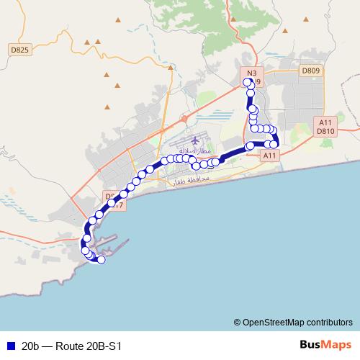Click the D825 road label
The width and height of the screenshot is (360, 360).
pyautogui.click(x=21, y=50)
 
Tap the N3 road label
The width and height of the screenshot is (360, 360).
pyautogui.click(x=251, y=73)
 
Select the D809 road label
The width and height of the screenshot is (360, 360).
pyautogui.click(x=310, y=71)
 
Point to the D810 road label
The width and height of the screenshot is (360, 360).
pyautogui.click(x=325, y=132)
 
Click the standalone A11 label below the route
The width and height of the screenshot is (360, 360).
pyautogui.click(x=270, y=156)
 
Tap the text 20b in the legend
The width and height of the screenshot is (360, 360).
pyautogui.click(x=30, y=345)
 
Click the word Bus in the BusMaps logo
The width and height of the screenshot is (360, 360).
pyautogui.click(x=310, y=344)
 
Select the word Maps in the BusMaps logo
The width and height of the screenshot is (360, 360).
pyautogui.click(x=337, y=344)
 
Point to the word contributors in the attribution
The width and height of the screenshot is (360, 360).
pyautogui.click(x=331, y=322)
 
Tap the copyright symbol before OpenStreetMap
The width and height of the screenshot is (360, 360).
pyautogui.click(x=237, y=322)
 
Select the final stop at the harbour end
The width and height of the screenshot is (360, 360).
pyautogui.click(x=102, y=260)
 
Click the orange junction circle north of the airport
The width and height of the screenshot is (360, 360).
pyautogui.click(x=184, y=118)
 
